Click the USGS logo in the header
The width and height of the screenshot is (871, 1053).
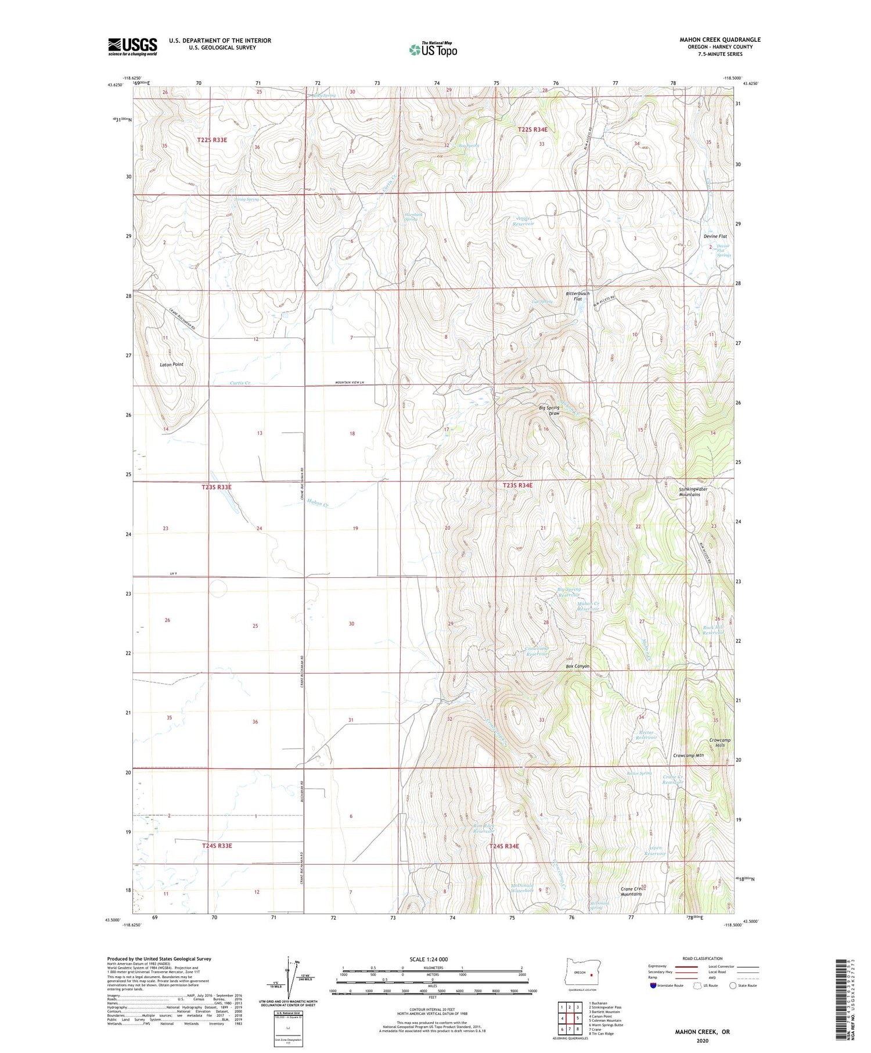(x=132, y=46)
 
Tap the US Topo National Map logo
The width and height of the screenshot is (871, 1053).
(x=433, y=49)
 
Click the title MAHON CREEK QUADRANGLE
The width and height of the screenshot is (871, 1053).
(x=719, y=39)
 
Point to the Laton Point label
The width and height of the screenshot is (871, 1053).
(x=171, y=364)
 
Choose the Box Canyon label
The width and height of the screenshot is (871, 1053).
(x=577, y=666)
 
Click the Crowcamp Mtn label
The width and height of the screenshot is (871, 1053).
(x=688, y=755)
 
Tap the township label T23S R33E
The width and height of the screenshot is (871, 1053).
(x=214, y=487)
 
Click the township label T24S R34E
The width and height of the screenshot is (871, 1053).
(x=503, y=846)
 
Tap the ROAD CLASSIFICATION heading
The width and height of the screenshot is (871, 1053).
(x=702, y=958)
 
